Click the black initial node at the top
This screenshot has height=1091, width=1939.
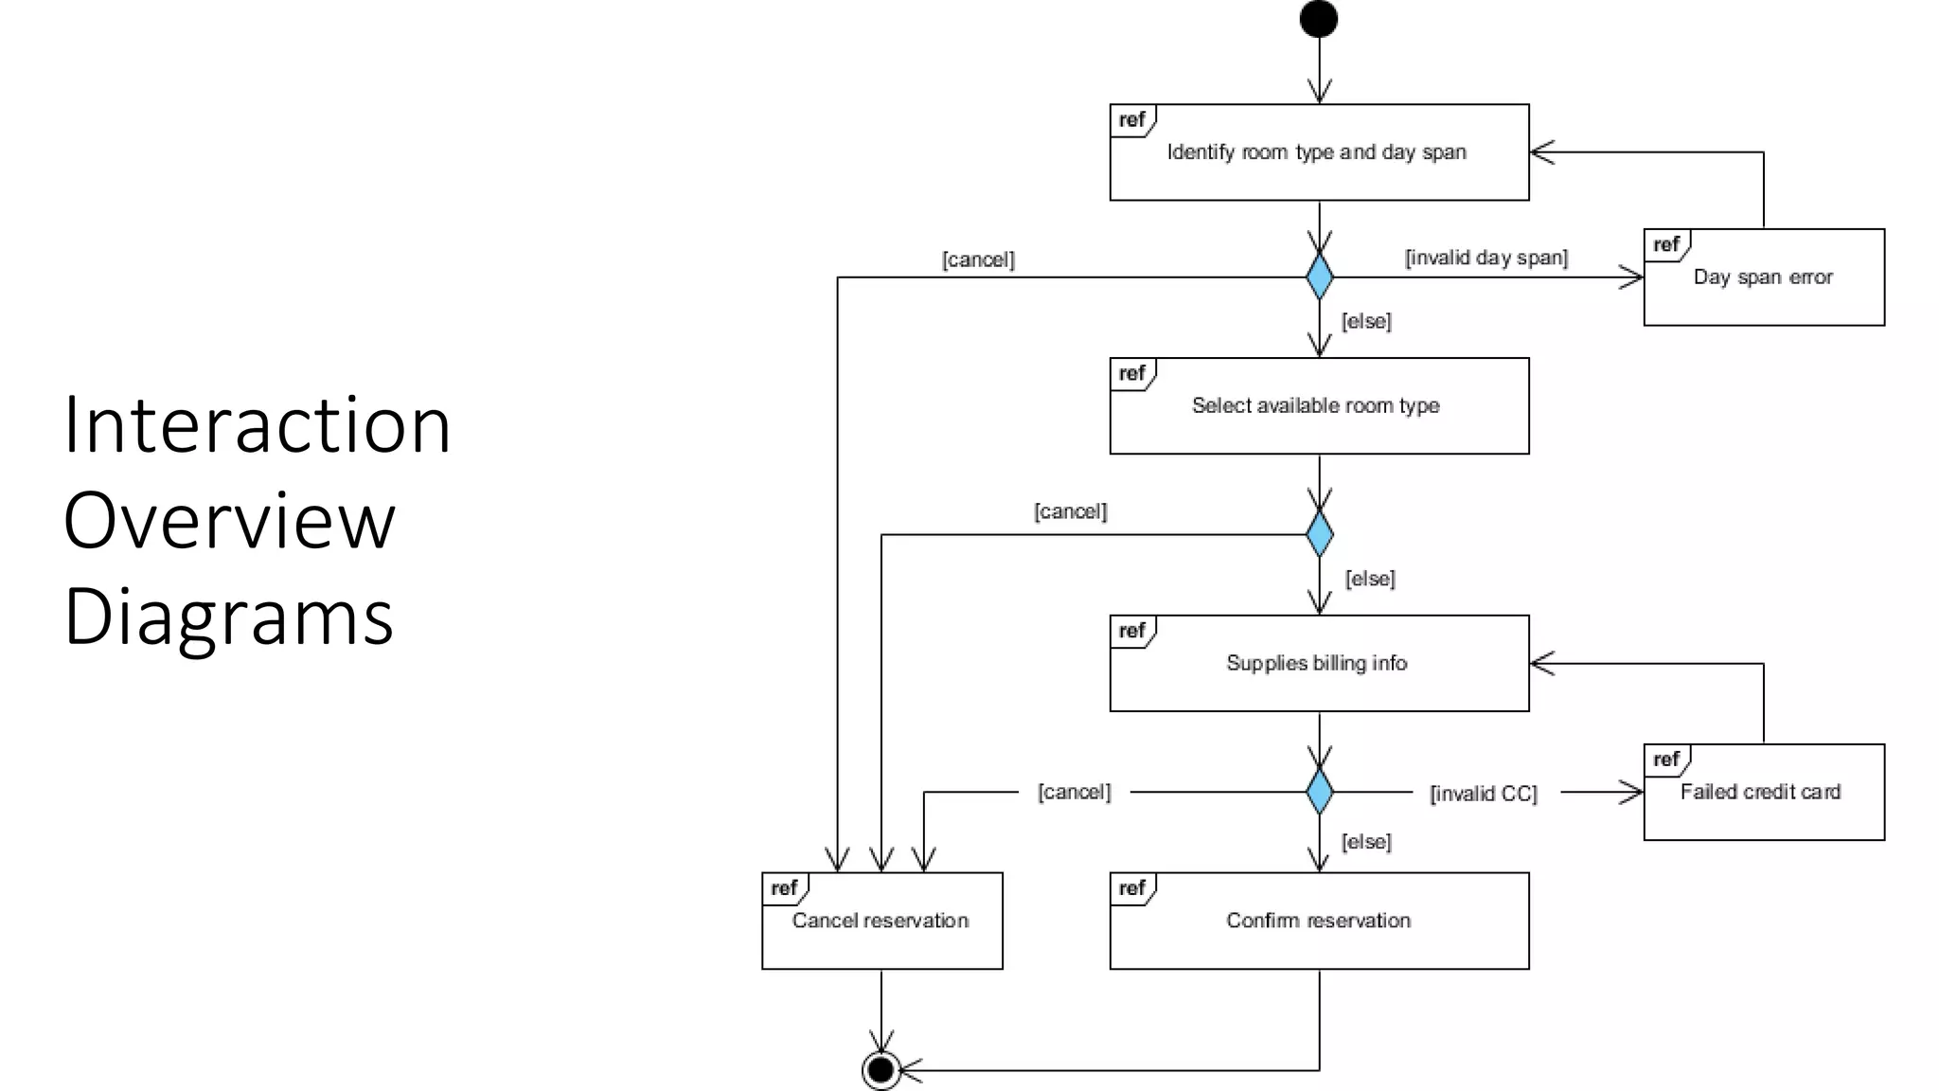1318,19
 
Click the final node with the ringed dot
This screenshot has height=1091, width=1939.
881,1070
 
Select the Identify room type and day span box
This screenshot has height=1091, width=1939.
1319,152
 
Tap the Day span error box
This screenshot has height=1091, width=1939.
1763,277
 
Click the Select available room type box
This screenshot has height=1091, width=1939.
1319,406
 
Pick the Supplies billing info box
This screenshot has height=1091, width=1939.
1319,664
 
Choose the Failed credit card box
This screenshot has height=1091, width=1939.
1763,793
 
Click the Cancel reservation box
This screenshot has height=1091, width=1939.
881,921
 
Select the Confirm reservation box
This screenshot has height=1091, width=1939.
1319,921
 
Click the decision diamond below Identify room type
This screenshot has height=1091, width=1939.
1319,277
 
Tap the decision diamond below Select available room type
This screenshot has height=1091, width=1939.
1319,534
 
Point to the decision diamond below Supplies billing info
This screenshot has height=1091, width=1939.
1319,792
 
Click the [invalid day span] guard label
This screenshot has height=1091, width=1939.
1485,258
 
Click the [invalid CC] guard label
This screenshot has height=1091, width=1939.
1483,794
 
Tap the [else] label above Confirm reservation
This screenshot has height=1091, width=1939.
1366,842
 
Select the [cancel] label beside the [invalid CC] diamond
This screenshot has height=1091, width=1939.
1074,792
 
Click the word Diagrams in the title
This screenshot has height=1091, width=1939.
228,617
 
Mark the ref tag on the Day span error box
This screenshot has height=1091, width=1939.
1665,245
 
